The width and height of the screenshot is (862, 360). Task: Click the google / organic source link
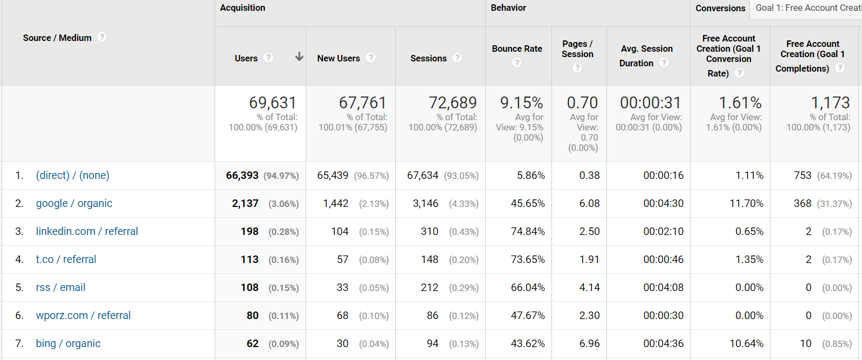[74, 203]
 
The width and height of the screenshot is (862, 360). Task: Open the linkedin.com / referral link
[87, 231]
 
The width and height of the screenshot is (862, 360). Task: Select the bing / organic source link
[68, 343]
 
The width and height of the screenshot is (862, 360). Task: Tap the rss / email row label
[60, 287]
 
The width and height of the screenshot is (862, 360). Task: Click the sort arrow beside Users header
[299, 57]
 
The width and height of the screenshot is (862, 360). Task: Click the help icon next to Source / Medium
[102, 37]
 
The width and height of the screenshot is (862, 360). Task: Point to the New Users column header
[338, 58]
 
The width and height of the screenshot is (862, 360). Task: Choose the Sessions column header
[428, 58]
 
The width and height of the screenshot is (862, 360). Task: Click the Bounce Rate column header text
[517, 49]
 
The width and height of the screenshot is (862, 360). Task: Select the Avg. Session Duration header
[646, 56]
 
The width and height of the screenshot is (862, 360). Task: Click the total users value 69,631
[273, 102]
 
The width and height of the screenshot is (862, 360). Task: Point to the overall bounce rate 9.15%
[521, 102]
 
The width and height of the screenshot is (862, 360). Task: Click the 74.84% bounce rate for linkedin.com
[528, 231]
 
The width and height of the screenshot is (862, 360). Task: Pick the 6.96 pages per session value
[589, 343]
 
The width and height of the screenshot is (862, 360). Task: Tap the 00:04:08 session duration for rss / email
[663, 287]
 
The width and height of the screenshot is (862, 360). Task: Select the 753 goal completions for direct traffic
[802, 175]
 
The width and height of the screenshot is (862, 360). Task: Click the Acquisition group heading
[243, 8]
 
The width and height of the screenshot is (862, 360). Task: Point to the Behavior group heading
[508, 8]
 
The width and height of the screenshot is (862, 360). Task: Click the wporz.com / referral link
[83, 315]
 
